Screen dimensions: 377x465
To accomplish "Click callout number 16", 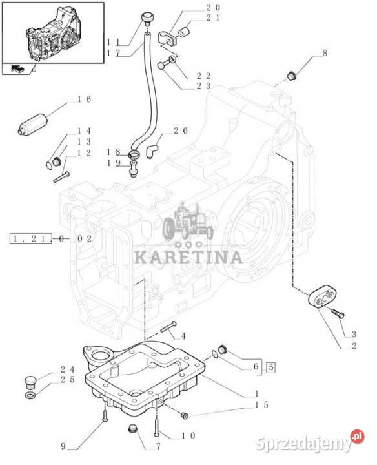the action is point(84,99).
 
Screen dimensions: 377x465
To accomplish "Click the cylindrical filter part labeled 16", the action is point(33,124).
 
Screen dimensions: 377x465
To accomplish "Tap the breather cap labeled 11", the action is point(147,17).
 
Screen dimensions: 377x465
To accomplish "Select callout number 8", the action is point(325,54).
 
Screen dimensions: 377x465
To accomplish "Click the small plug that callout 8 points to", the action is point(291,76).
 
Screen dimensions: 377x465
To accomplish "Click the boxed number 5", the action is point(271,367).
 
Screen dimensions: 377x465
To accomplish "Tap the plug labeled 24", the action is point(30,382).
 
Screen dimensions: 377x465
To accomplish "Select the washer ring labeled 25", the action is point(30,395).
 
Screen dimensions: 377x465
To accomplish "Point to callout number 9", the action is point(63,446).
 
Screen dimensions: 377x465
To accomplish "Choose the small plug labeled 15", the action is point(185,416).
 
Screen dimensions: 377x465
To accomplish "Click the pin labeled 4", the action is point(169,327).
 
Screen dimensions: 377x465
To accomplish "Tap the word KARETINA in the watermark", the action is point(188,258).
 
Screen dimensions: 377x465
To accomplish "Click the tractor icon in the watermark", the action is point(188,222).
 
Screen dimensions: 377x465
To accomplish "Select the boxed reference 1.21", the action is point(32,239).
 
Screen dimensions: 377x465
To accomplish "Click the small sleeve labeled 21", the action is point(184,32).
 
